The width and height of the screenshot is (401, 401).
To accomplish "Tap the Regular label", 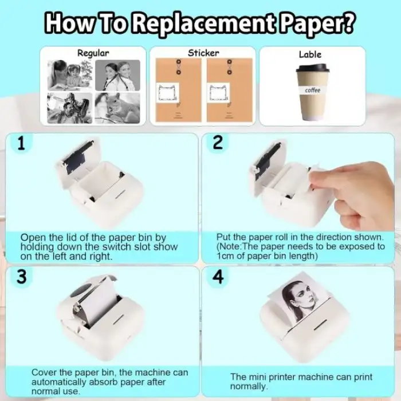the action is click(93, 53).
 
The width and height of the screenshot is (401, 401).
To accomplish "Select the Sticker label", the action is click(203, 53).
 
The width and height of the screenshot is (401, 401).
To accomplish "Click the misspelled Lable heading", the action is click(310, 54).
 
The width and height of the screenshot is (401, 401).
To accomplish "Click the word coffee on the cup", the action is click(313, 90).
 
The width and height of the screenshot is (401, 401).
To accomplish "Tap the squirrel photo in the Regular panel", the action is click(117, 108).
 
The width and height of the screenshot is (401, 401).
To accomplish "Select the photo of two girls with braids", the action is click(117, 75).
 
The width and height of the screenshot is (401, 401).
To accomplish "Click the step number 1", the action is click(22, 143).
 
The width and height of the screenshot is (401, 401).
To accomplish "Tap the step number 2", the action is click(218, 143).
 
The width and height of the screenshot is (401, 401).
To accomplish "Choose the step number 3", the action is click(22, 277).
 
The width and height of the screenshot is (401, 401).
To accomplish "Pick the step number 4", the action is click(218, 277).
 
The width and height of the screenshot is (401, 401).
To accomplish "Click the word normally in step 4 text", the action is click(249, 386).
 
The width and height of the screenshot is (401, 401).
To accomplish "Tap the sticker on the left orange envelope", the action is click(167, 93).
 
